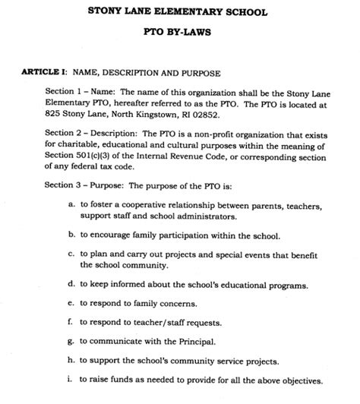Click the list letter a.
tap(71, 205)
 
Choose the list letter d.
tap(71, 285)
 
